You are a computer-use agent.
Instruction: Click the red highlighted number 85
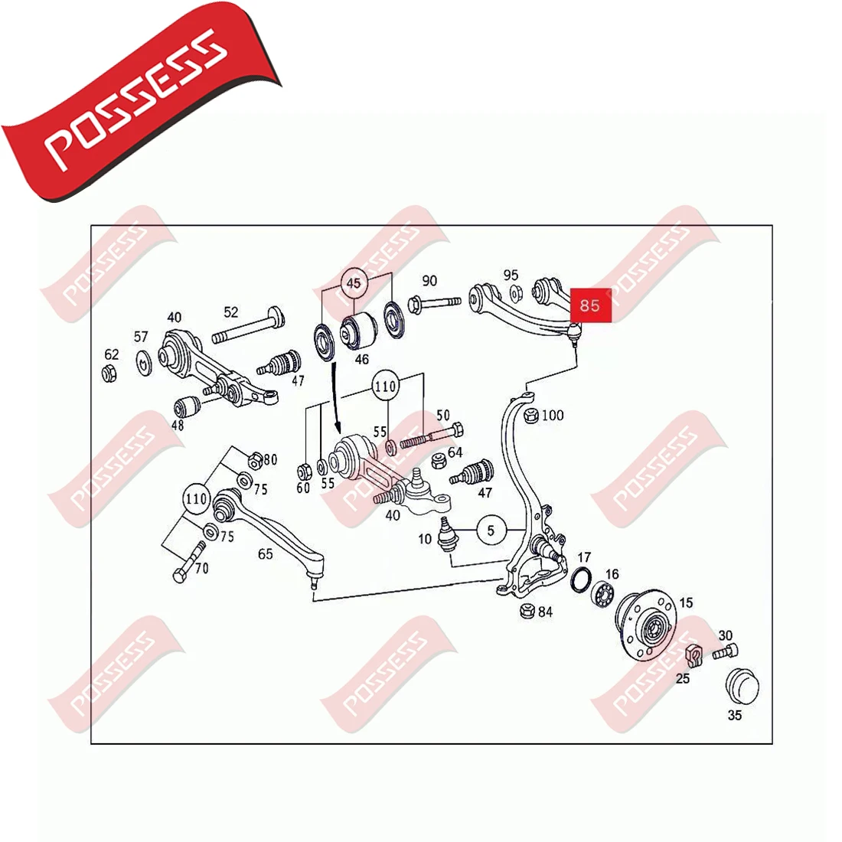tap(589, 305)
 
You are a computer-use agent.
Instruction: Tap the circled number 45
tap(353, 283)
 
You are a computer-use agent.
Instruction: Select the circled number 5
tap(491, 530)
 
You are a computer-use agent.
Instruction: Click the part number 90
tap(429, 281)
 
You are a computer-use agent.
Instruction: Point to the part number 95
tap(511, 275)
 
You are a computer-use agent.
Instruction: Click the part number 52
tap(231, 312)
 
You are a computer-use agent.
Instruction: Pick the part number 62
tap(112, 354)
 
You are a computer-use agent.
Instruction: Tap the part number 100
tap(552, 415)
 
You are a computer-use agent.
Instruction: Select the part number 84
tap(545, 612)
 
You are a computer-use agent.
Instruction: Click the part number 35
tap(735, 716)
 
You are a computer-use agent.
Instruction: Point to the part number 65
tap(265, 554)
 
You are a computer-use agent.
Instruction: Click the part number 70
tap(201, 569)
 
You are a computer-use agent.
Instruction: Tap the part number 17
tap(584, 557)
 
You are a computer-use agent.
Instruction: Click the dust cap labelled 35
tap(739, 684)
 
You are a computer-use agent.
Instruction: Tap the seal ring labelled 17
tap(582, 579)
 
